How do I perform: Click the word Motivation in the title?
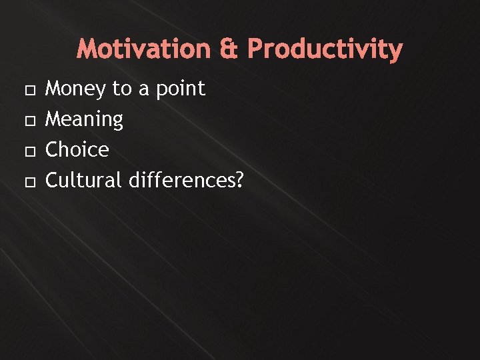click(x=143, y=49)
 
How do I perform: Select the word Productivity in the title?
click(x=325, y=49)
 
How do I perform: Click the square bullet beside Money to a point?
click(x=27, y=89)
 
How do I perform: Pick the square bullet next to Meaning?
click(x=27, y=120)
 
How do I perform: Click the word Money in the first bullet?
click(x=75, y=89)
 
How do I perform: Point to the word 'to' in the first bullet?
click(x=121, y=89)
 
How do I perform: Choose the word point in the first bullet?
click(x=181, y=89)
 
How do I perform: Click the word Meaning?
click(x=84, y=120)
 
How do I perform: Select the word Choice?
click(x=77, y=150)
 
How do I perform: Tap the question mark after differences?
click(x=239, y=180)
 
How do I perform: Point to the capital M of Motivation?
click(x=87, y=49)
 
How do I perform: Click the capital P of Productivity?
click(x=255, y=49)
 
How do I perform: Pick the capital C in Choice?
click(x=51, y=150)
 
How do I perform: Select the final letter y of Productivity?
click(x=396, y=51)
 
